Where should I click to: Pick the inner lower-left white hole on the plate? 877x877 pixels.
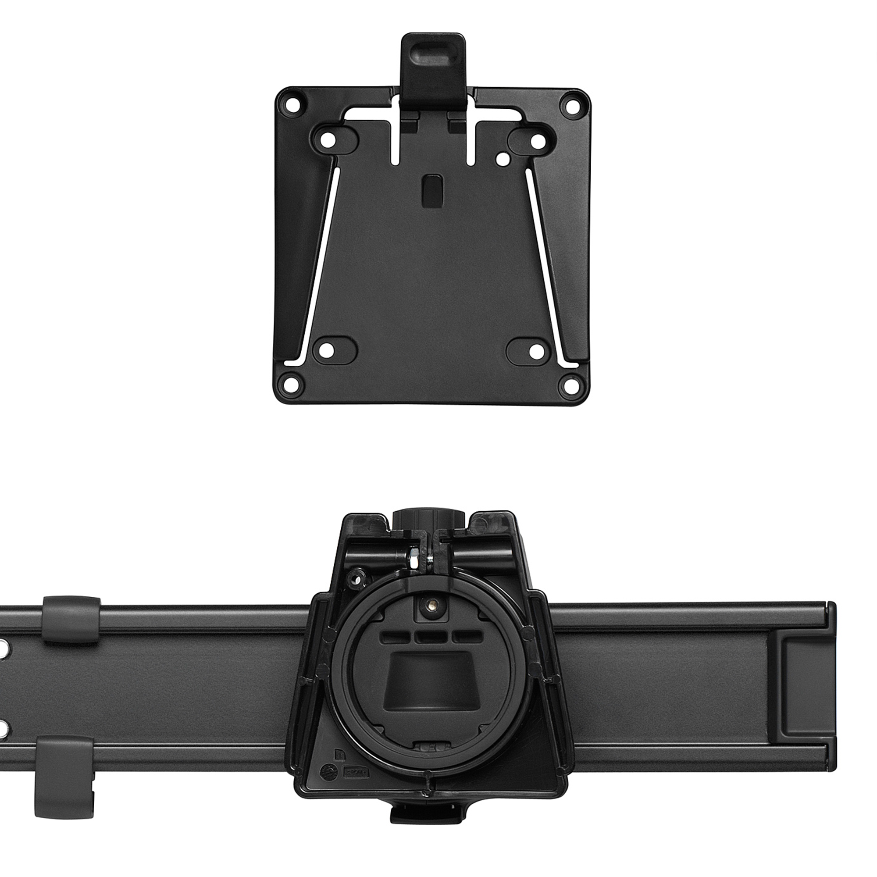[327, 350]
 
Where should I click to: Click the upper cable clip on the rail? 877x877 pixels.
[71, 619]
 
